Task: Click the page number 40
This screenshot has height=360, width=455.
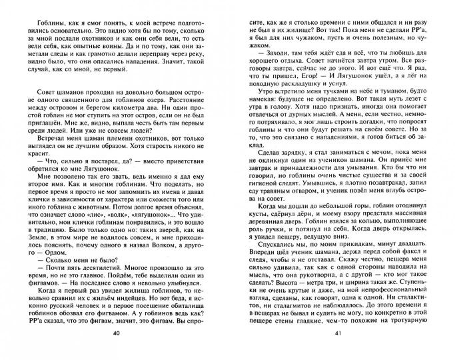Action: [117, 351]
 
